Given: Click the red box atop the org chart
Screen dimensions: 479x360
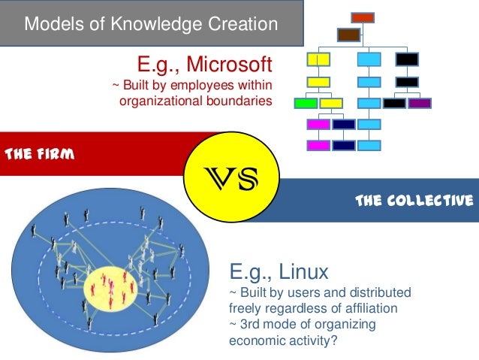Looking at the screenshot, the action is (363, 17).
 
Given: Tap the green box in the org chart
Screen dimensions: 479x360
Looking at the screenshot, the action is (306, 102).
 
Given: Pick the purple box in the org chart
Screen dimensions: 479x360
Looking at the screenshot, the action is (420, 102).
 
